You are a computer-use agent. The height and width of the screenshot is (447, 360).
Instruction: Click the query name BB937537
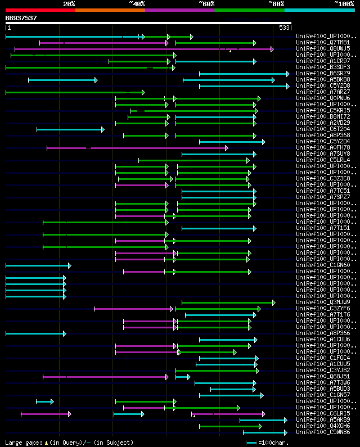pos(21,18)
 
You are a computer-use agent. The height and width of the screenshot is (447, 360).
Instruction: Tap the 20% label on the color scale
pos(69,3)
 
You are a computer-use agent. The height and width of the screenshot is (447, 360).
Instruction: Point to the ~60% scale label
pos(206,3)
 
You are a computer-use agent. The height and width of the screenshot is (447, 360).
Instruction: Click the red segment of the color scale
pos(40,10)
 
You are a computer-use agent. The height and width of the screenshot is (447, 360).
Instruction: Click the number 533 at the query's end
pos(284,28)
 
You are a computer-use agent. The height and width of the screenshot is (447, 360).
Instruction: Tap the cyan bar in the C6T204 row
pos(70,129)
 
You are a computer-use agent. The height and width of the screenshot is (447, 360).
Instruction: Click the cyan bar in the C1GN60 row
pos(38,265)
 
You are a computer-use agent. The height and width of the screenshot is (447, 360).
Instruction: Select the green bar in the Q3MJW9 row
pos(228,302)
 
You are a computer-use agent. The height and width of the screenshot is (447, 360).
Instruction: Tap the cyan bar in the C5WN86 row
pos(265,432)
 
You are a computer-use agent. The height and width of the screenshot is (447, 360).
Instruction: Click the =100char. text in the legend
pos(277,443)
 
